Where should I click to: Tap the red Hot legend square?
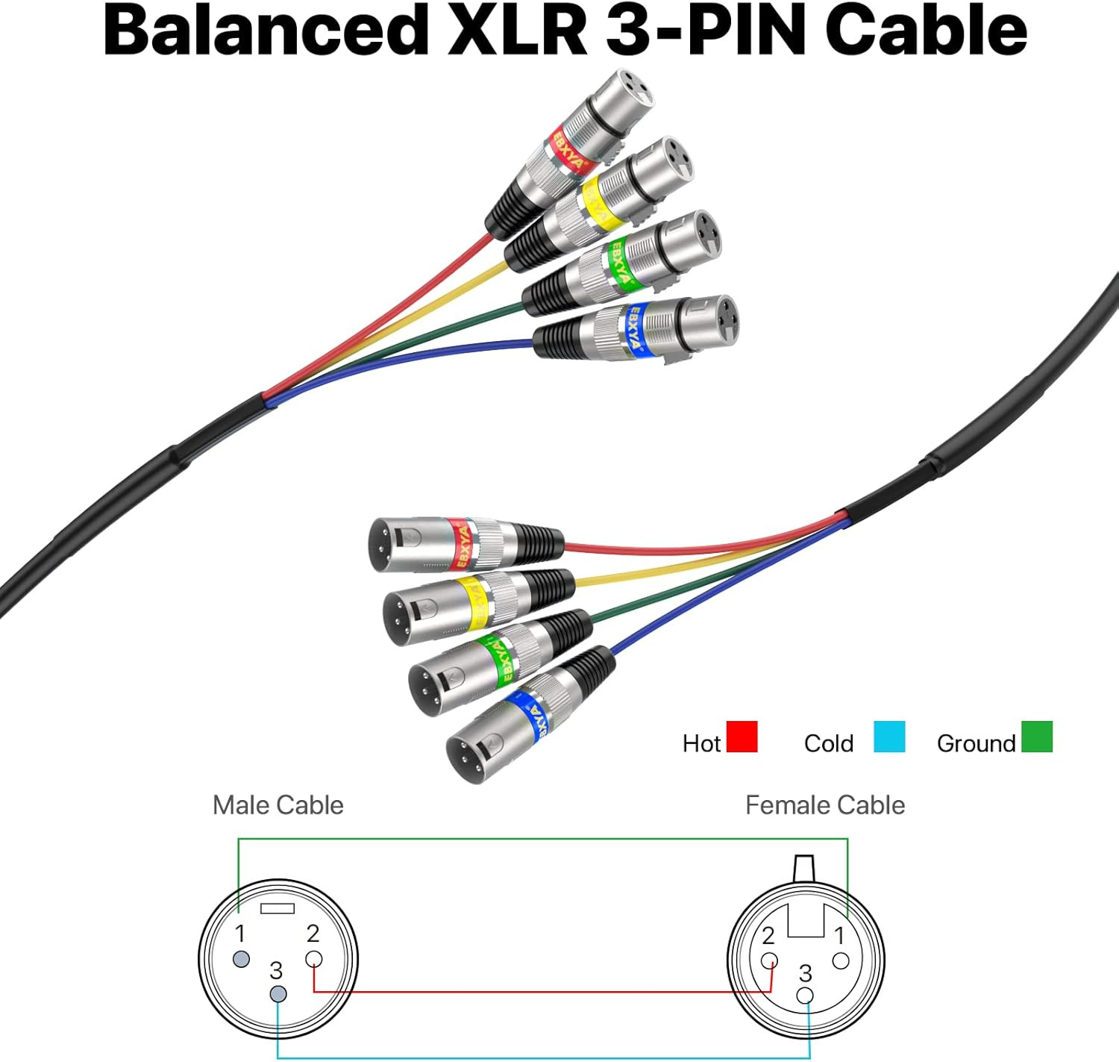click(x=742, y=737)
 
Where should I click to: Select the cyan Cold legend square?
click(x=889, y=737)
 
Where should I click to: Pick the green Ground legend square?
click(x=1036, y=737)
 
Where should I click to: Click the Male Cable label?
click(x=278, y=805)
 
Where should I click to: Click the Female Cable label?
click(x=824, y=805)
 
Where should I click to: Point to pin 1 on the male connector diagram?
click(x=241, y=959)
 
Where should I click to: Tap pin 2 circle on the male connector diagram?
click(x=314, y=960)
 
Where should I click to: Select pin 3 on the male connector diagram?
click(x=278, y=994)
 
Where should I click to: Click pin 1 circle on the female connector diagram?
click(x=840, y=960)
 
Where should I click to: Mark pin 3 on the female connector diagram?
click(x=805, y=996)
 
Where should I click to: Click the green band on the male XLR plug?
click(x=500, y=657)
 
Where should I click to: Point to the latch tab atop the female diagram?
click(x=804, y=868)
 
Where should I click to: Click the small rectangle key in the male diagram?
click(x=278, y=909)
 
